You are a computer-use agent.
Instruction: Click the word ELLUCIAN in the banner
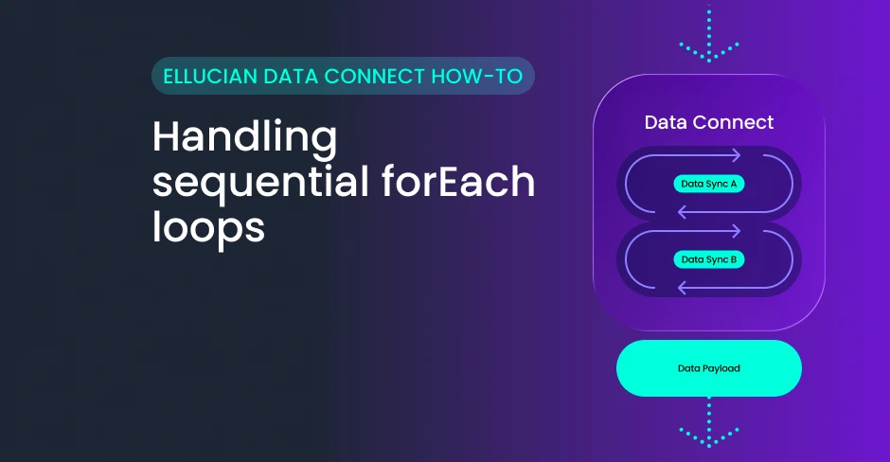point(210,76)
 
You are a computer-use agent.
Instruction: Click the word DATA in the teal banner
point(291,76)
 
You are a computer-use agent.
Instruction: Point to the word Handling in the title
point(244,138)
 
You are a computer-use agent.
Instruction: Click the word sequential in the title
point(261,183)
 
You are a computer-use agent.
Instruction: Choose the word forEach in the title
point(458,182)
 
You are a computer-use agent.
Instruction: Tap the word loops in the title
point(208,228)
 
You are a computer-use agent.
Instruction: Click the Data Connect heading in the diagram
point(709,122)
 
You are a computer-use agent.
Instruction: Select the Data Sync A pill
point(709,184)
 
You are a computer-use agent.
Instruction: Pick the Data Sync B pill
point(709,259)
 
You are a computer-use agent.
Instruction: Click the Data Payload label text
point(709,368)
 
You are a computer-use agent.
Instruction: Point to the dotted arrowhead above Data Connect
point(709,52)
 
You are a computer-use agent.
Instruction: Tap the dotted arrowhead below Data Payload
point(709,437)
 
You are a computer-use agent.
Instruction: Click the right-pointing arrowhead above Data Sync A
point(736,155)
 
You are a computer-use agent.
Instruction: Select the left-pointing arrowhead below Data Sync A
point(683,213)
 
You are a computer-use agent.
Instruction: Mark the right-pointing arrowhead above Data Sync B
point(736,231)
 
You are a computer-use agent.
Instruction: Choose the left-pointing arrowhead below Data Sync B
point(683,289)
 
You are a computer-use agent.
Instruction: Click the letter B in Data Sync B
point(734,259)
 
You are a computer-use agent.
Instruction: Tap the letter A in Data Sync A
point(734,184)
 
